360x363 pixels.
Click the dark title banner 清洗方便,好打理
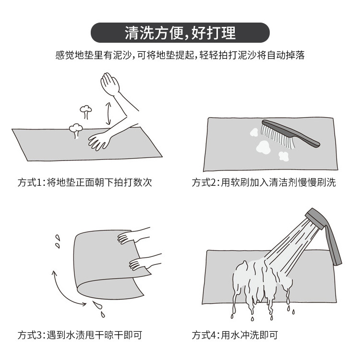pyautogui.click(x=180, y=33)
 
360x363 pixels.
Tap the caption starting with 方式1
pyautogui.click(x=85, y=182)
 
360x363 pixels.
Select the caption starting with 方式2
pyautogui.click(x=264, y=182)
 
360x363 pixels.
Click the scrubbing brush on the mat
pyautogui.click(x=289, y=133)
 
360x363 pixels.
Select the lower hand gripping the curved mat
pyautogui.click(x=142, y=262)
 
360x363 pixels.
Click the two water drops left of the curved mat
pyautogui.click(x=58, y=241)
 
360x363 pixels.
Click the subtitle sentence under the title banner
pyautogui.click(x=180, y=55)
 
